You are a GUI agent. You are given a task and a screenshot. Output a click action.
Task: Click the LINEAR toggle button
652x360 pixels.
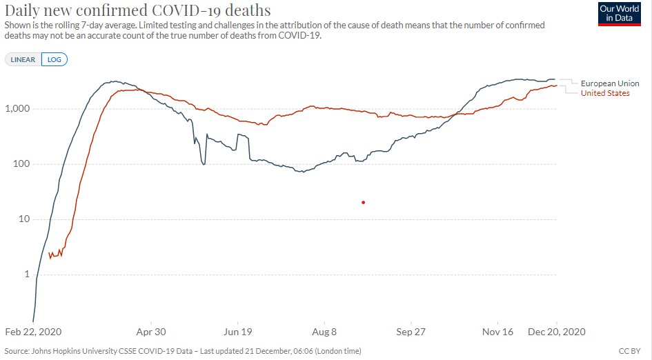pyautogui.click(x=23, y=60)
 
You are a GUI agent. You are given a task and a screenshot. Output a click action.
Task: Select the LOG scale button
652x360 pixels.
pyautogui.click(x=54, y=60)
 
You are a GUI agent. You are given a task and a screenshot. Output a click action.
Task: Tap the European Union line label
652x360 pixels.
pyautogui.click(x=609, y=83)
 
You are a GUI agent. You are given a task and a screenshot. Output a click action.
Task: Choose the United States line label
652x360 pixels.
pyautogui.click(x=605, y=93)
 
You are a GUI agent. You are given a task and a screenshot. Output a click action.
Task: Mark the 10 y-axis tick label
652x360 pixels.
pyautogui.click(x=24, y=219)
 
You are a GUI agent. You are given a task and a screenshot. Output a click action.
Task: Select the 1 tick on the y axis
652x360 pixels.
pyautogui.click(x=27, y=274)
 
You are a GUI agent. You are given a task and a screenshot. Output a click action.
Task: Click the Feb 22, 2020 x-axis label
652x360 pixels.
pyautogui.click(x=32, y=332)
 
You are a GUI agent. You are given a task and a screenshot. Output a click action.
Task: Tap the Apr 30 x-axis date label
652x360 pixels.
pyautogui.click(x=150, y=332)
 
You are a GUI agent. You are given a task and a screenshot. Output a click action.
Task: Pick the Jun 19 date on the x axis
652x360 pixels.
pyautogui.click(x=237, y=332)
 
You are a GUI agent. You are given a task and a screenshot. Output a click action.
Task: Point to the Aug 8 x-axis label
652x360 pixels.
pyautogui.click(x=324, y=332)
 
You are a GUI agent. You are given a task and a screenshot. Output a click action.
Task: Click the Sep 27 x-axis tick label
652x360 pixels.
pyautogui.click(x=410, y=332)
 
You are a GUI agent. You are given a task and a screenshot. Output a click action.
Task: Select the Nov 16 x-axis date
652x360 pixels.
pyautogui.click(x=497, y=332)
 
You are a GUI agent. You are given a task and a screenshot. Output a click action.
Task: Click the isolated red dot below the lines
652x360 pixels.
pyautogui.click(x=363, y=202)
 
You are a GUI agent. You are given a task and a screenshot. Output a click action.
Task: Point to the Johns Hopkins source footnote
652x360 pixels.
pyautogui.click(x=182, y=351)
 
